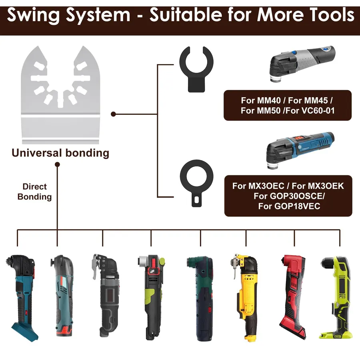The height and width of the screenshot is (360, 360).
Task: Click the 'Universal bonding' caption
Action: (x=60, y=153)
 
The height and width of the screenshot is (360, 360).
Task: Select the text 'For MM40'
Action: (x=261, y=100)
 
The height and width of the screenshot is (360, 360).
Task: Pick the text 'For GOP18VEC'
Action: (x=289, y=206)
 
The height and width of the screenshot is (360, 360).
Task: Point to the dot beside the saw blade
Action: (x=113, y=114)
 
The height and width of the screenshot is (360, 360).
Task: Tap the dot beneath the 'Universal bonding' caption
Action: (x=57, y=164)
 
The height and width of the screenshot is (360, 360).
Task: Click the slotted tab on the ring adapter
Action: (x=196, y=200)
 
